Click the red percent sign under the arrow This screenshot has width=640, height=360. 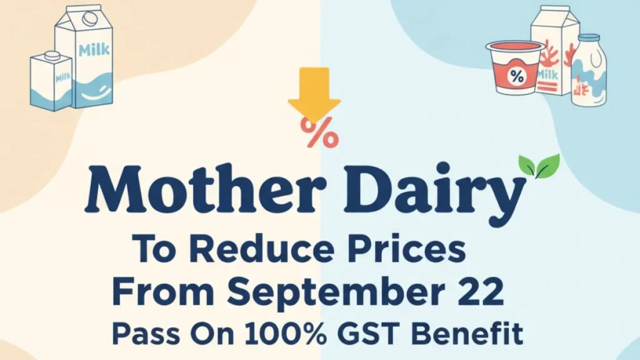319,131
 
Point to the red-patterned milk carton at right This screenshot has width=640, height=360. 552,53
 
